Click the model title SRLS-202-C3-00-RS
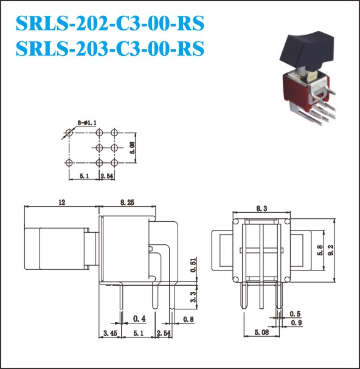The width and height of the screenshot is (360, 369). [x=110, y=23]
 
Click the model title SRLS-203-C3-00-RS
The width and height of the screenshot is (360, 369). [x=110, y=48]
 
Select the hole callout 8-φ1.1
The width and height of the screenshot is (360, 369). [x=86, y=123]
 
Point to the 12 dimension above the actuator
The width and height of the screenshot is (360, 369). [x=62, y=202]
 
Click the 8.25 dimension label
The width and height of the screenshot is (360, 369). [x=127, y=202]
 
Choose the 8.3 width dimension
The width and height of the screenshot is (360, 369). [x=261, y=209]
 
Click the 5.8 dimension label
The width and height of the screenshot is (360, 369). [x=320, y=250]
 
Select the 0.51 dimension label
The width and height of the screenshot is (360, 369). [x=193, y=265]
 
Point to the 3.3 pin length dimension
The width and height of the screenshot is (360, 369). [x=193, y=297]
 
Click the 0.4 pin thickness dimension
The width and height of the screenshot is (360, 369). [x=139, y=319]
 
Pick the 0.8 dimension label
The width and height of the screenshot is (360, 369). [x=189, y=319]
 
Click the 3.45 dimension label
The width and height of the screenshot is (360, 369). [x=110, y=333]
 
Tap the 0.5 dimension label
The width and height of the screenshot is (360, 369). [x=296, y=314]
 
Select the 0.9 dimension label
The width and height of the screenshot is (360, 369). [x=296, y=323]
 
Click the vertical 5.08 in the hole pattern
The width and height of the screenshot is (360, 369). [x=133, y=148]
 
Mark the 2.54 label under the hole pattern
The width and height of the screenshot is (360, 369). [x=107, y=176]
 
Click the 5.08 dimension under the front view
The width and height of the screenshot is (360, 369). [x=261, y=333]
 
